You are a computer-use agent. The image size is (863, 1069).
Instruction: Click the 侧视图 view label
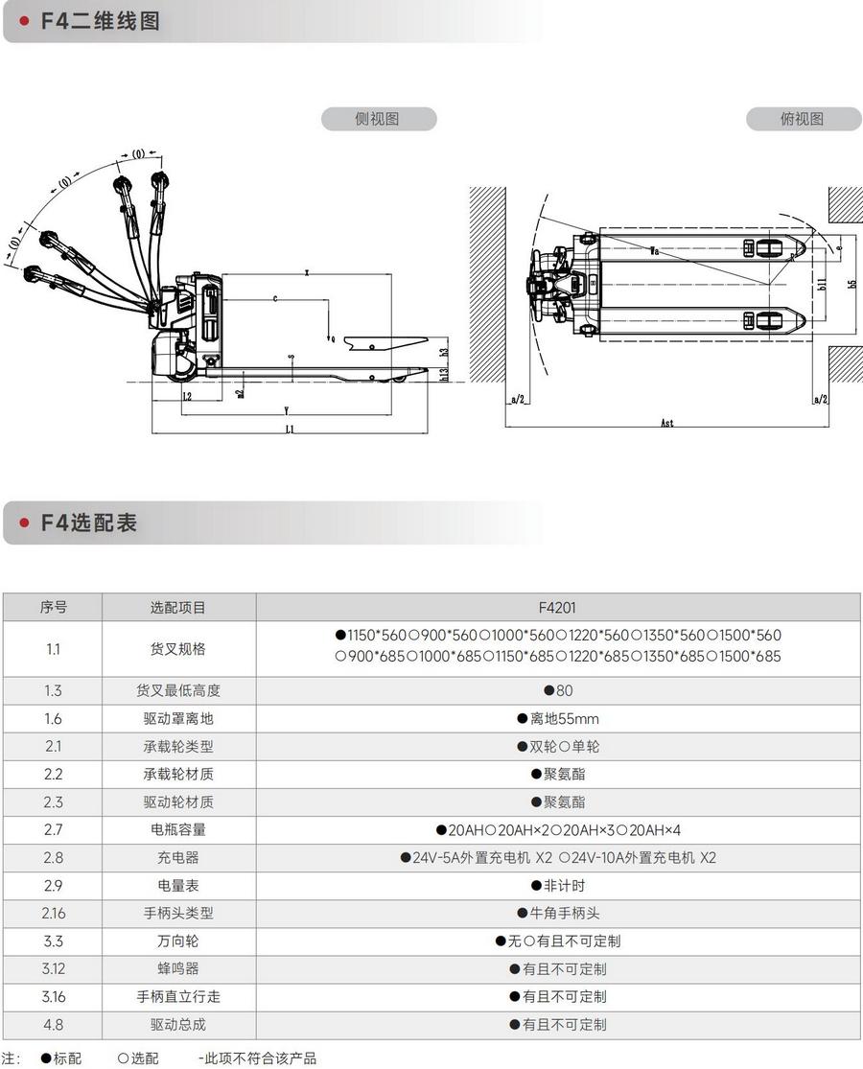click(377, 119)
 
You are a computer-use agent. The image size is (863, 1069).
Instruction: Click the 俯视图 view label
click(803, 119)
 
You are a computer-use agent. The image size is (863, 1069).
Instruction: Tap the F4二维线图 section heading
click(100, 21)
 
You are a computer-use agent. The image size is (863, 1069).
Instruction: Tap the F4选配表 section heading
click(88, 523)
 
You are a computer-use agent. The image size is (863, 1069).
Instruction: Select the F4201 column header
click(557, 607)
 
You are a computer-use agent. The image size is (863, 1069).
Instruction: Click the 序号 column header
click(53, 607)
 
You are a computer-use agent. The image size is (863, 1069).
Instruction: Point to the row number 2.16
click(53, 913)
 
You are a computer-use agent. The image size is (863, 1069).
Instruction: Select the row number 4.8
click(53, 1024)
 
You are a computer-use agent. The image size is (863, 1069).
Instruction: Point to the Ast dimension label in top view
click(667, 422)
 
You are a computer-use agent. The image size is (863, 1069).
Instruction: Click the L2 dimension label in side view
click(187, 395)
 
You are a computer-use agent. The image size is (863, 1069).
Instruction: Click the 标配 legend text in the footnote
click(67, 1058)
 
